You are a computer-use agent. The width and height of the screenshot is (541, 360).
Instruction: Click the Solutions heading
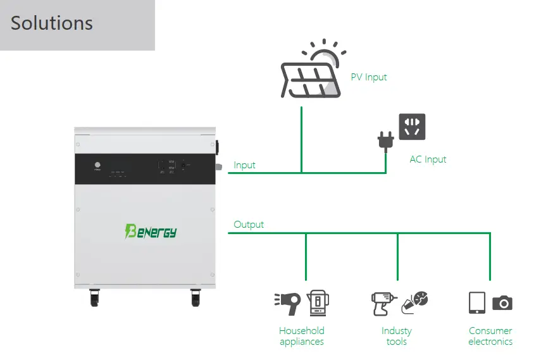point(52,23)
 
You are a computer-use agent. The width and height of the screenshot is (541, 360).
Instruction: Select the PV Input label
point(368,77)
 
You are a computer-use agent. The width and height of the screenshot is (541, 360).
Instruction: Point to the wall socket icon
point(412,127)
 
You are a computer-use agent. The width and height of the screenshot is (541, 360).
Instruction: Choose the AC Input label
point(428,159)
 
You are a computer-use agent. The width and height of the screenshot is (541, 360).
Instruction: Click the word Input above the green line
point(244,165)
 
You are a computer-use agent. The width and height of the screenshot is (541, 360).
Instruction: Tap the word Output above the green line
point(249,225)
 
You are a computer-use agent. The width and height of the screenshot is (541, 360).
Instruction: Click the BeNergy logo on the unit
point(151,232)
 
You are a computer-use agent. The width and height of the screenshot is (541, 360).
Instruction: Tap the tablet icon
point(477,302)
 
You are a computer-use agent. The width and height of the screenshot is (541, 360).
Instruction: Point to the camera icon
point(502,303)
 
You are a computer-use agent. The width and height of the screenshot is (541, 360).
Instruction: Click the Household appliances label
point(302,336)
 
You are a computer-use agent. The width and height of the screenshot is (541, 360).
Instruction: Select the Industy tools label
point(397,336)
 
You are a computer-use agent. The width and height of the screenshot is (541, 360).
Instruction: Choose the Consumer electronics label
point(490,336)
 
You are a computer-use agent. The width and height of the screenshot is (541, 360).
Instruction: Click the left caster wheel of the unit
point(95,297)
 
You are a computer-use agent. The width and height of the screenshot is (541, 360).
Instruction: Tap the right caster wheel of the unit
point(196,297)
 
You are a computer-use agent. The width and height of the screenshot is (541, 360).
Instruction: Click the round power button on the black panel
point(97,166)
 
